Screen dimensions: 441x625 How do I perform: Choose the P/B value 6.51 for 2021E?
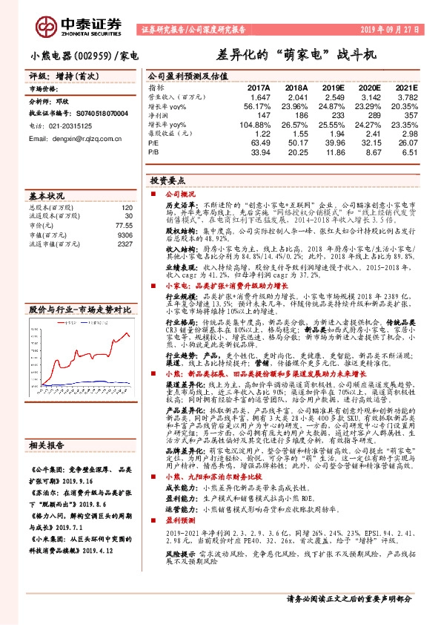408,151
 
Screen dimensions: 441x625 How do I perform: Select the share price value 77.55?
124,224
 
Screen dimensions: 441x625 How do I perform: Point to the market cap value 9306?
125,234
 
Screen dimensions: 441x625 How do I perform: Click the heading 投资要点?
168,180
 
